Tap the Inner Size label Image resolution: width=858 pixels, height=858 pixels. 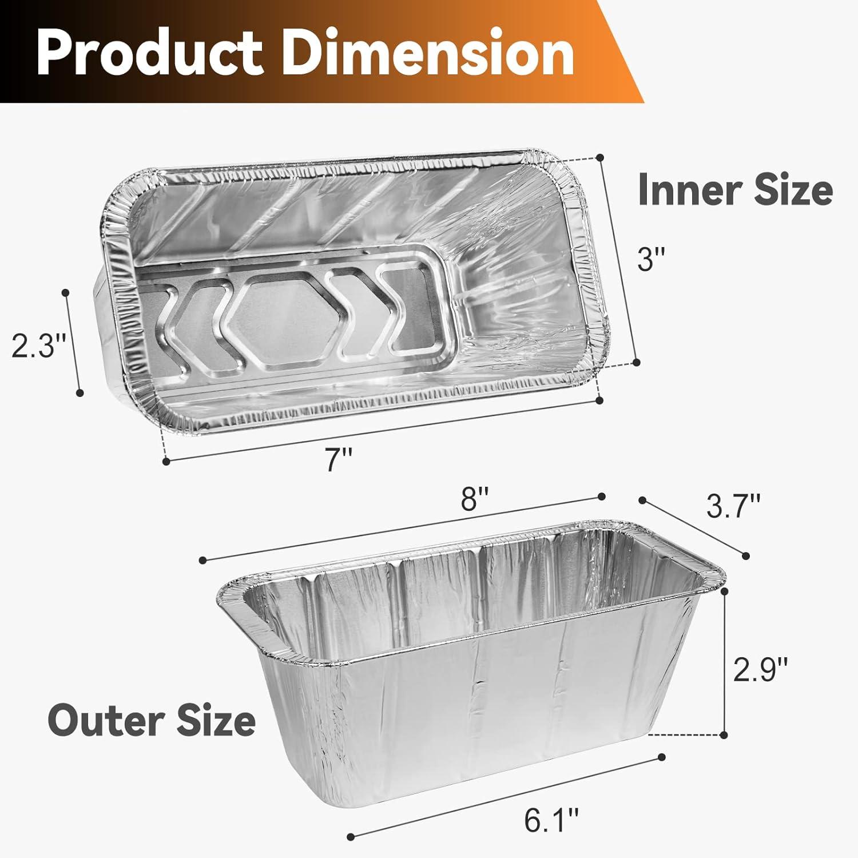click(735, 190)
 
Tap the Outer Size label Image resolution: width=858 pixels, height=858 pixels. click(152, 721)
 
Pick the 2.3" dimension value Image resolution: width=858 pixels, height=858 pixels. click(39, 345)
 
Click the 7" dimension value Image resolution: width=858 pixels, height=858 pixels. click(338, 459)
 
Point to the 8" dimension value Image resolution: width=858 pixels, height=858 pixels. click(476, 501)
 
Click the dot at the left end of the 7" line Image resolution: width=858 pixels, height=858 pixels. click(166, 460)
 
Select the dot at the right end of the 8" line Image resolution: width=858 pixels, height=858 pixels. click(601, 496)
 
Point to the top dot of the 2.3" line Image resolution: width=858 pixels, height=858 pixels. click(66, 293)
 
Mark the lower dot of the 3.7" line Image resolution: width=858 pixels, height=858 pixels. click(745, 555)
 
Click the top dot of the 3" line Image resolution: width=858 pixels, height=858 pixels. click(600, 157)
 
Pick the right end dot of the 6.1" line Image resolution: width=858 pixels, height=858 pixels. click(662, 757)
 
